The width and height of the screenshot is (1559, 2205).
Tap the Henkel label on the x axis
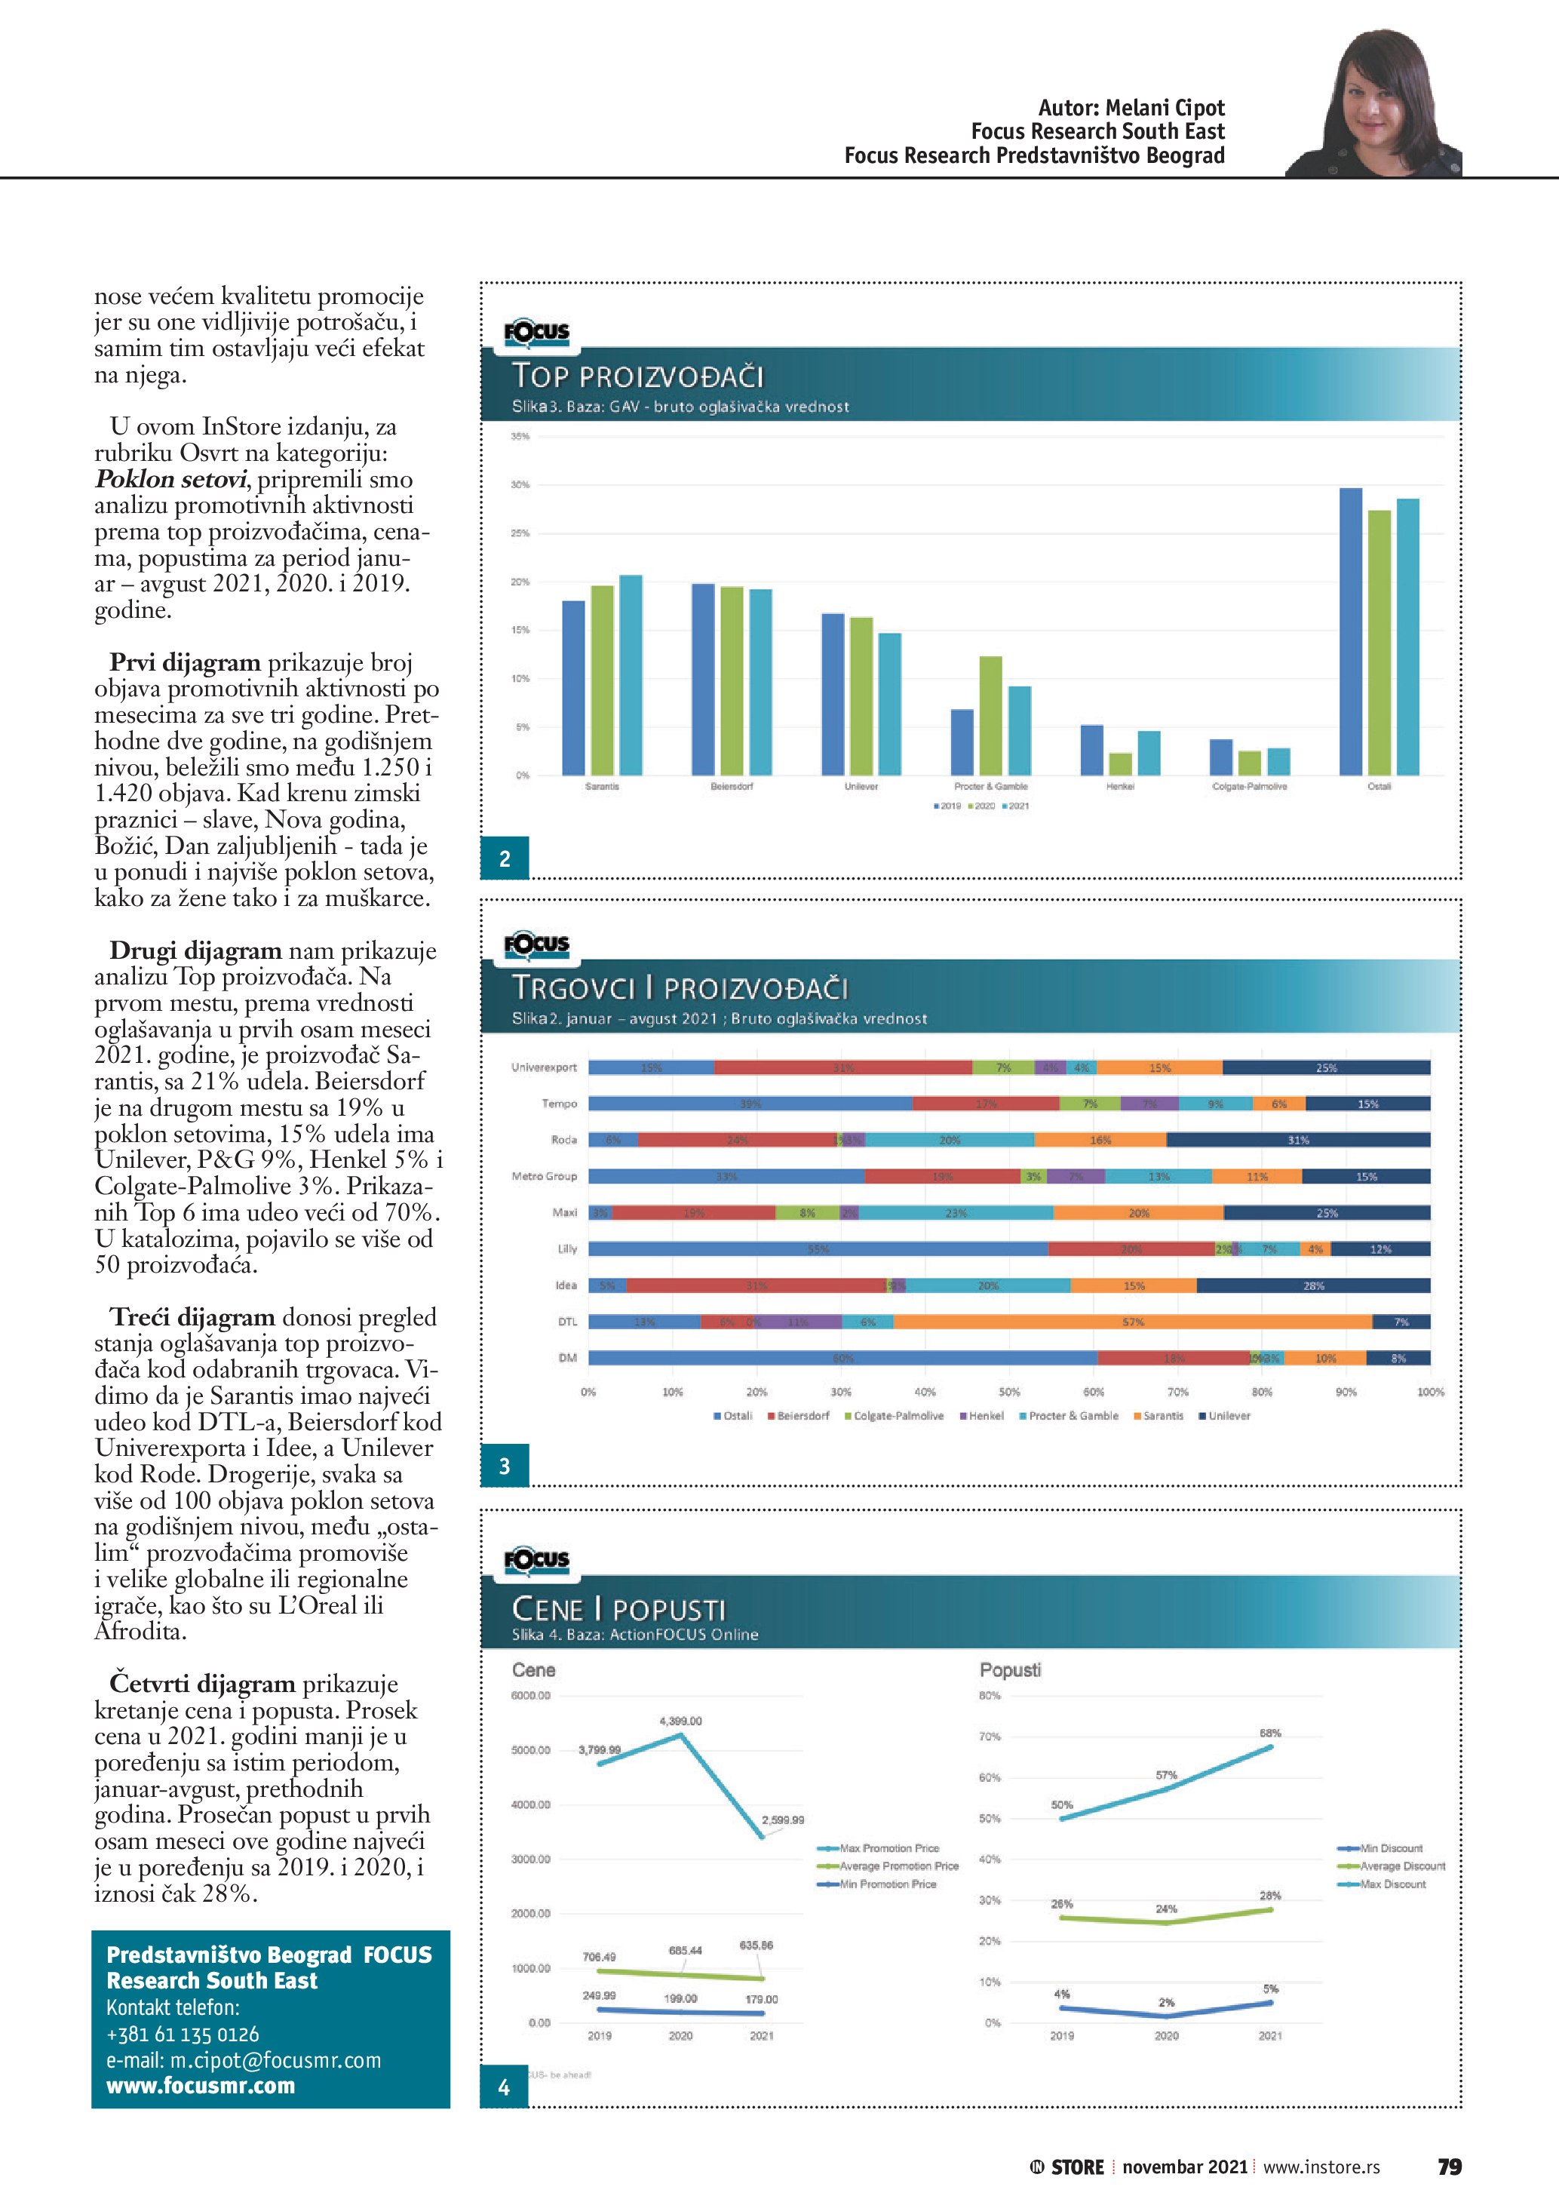(1119, 787)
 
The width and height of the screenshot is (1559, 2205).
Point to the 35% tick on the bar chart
(520, 436)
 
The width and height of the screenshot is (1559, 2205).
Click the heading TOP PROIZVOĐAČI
(637, 376)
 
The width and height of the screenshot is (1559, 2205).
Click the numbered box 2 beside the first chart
(505, 858)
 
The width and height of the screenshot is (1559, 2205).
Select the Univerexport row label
(545, 1067)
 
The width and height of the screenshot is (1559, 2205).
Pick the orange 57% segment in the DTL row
(1133, 1322)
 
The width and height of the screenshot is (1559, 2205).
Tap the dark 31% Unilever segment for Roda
(1298, 1140)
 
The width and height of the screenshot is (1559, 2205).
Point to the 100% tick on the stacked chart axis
(1429, 1392)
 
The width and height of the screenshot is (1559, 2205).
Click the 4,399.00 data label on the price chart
(680, 1721)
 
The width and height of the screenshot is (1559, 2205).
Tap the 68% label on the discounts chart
(1269, 1734)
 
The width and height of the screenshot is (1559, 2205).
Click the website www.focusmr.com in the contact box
(201, 2086)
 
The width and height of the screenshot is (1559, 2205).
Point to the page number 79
(1449, 2167)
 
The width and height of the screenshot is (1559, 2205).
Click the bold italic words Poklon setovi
(172, 479)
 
